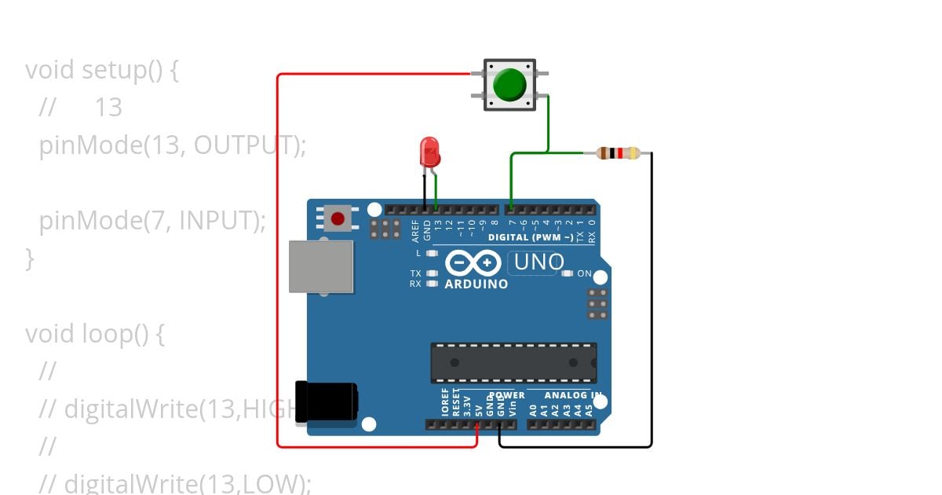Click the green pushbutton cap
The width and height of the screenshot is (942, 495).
point(510,84)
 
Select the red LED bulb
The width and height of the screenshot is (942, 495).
point(429,151)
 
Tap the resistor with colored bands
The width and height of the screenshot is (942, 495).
point(618,153)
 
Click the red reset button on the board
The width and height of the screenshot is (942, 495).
point(338,218)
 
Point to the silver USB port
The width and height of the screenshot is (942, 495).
point(320,266)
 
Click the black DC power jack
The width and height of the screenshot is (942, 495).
point(326,402)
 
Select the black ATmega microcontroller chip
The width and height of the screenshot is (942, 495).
point(513,362)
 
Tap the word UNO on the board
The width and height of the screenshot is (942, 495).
point(539,262)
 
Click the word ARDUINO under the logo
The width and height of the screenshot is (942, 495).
point(476,284)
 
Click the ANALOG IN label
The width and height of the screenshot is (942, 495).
point(573,395)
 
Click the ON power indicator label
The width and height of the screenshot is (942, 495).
point(584,273)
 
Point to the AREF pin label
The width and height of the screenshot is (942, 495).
point(415,229)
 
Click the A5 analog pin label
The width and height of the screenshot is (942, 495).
point(588,409)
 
